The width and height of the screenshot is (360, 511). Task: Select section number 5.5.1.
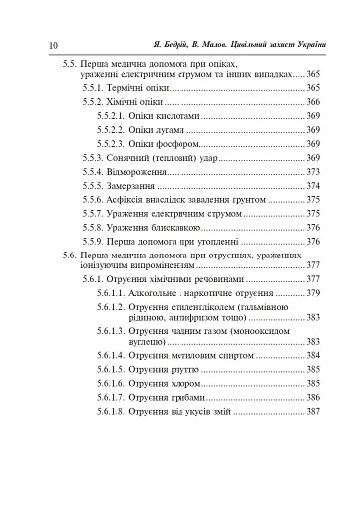(95, 88)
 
